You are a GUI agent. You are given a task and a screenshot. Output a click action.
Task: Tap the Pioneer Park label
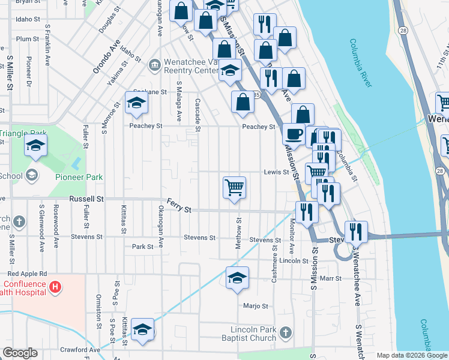[x=79, y=177]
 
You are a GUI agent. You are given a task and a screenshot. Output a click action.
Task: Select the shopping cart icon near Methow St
[x=234, y=187]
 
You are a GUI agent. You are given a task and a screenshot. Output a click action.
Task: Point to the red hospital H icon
[x=55, y=287]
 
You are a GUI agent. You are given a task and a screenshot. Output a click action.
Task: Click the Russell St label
[x=86, y=199]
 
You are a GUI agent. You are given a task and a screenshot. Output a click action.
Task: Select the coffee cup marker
[x=293, y=133]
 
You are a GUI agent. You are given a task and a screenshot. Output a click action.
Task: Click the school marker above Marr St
[x=237, y=277]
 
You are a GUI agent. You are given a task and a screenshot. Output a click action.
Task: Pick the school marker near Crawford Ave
[x=143, y=329]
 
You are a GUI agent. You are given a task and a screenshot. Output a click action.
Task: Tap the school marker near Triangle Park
[x=35, y=146]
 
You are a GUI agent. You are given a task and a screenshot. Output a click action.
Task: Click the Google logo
[x=20, y=353]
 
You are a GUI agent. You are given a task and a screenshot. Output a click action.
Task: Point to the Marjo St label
[x=255, y=306]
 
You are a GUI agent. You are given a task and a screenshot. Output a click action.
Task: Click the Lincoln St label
[x=294, y=261]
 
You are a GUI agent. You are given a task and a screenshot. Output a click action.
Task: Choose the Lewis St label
[x=276, y=172]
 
